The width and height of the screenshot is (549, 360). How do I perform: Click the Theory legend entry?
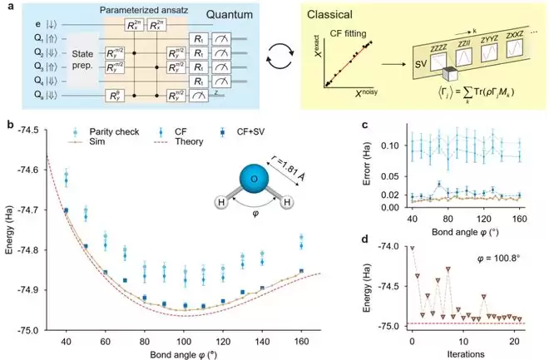(x=161, y=142)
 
